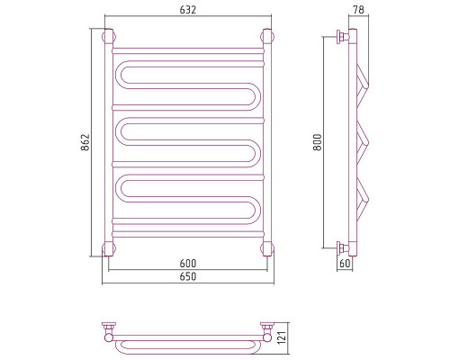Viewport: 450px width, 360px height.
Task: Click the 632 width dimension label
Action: pos(188,10)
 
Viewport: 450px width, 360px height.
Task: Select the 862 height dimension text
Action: pos(85,142)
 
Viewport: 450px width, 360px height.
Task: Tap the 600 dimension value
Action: pos(188,264)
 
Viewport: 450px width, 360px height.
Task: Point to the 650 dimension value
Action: pos(188,276)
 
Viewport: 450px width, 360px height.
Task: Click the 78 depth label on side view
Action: pos(358,10)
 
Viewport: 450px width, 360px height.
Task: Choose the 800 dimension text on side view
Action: pos(318,142)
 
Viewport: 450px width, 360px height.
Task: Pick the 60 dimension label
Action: pos(345,264)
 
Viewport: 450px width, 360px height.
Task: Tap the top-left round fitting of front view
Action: pos(109,37)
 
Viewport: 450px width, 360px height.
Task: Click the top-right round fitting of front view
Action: pos(267,37)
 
